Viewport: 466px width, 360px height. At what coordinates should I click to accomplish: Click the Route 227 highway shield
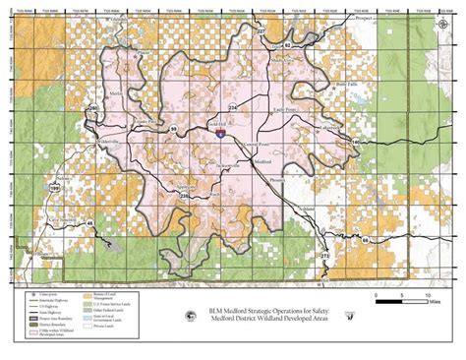(261, 32)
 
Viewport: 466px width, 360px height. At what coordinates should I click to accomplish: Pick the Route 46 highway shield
(90, 225)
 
